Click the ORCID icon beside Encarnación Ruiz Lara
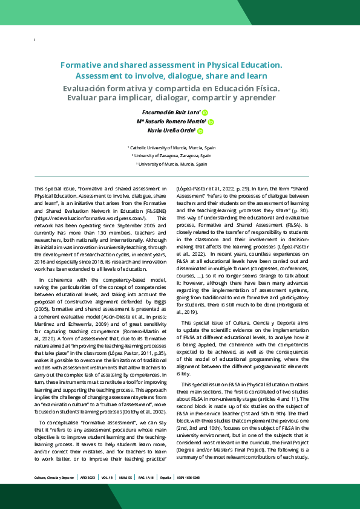[x=205, y=113]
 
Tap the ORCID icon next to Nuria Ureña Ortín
[x=200, y=131]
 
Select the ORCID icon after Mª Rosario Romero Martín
[x=211, y=122]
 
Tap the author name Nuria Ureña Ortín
[x=172, y=131]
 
